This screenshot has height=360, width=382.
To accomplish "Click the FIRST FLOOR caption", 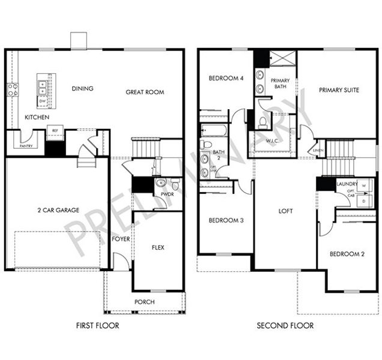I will (97, 326).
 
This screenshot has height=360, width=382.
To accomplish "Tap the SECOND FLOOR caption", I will (285, 326).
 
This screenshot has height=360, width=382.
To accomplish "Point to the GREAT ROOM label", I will (145, 92).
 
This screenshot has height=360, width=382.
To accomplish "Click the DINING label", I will (82, 89).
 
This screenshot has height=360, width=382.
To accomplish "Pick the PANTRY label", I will (26, 145).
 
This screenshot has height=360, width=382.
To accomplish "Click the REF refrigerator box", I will (55, 130).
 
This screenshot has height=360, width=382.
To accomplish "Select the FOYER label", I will (121, 239).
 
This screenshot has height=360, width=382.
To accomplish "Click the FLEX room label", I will (158, 247).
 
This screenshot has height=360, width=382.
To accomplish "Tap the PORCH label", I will (144, 302).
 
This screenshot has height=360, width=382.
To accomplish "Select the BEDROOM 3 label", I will (226, 220).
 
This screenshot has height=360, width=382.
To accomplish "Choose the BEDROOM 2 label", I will (347, 254).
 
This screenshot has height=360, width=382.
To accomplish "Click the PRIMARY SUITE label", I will (339, 90).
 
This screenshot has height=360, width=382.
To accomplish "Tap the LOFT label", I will (285, 211).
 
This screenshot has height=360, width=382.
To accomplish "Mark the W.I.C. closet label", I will (274, 142).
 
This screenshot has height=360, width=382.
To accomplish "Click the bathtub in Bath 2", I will (213, 130).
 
